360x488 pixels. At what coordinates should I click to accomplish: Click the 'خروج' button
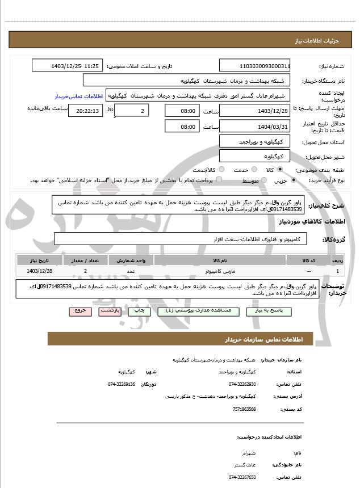click(79, 311)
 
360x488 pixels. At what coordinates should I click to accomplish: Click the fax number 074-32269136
click(122, 384)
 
